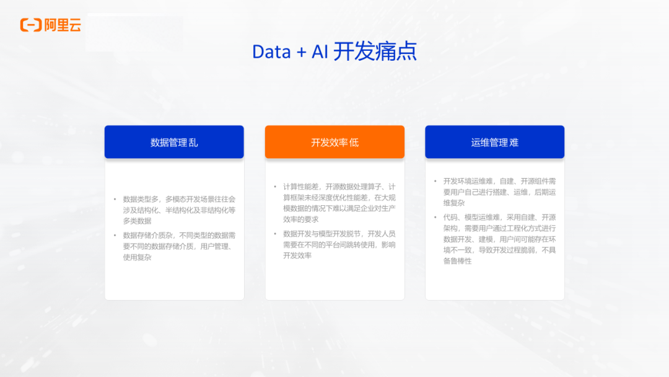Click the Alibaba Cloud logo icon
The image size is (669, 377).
point(31,25)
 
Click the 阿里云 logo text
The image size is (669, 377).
point(63,25)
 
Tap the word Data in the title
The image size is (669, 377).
point(271,52)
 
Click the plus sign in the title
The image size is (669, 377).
point(301,53)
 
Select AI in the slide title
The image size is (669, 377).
point(320,52)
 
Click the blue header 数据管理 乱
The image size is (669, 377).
point(174,143)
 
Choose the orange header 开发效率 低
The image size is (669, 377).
point(334,143)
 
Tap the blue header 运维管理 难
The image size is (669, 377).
point(494,143)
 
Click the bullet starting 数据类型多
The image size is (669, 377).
point(179,210)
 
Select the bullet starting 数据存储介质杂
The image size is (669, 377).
point(179,246)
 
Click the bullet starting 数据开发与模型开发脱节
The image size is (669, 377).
point(339,244)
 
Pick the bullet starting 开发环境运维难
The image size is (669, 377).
point(499,192)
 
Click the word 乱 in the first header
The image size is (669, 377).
point(193,143)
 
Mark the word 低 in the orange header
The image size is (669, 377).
point(354,143)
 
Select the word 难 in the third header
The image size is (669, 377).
point(514,143)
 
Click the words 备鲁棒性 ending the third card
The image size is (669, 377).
point(457,261)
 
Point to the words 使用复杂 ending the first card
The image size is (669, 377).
point(137,257)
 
